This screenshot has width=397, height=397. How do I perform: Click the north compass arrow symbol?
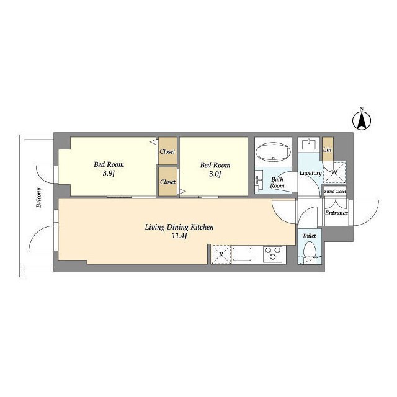[362, 120]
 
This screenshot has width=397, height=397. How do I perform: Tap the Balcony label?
[38, 197]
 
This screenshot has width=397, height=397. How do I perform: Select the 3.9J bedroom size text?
[109, 174]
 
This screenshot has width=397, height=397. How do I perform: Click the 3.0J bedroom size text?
[215, 174]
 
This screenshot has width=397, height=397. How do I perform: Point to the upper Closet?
[167, 151]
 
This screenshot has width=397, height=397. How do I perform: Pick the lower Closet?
[167, 181]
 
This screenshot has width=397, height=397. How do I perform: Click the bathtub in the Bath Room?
[273, 153]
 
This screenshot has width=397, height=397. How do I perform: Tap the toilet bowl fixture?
[310, 250]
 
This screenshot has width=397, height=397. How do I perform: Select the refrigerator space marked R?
[221, 254]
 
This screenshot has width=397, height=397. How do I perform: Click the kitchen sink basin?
[242, 254]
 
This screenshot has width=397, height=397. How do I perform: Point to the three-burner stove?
[273, 254]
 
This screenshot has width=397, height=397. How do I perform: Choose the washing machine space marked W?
[334, 172]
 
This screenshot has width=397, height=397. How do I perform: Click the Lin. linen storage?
[328, 149]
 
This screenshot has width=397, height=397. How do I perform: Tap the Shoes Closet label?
[335, 192]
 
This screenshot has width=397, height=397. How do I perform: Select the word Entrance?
[336, 213]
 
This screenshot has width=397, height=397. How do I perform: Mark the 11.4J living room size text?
[179, 236]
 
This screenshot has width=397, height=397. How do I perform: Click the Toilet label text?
[309, 236]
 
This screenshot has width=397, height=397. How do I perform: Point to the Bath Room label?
[277, 182]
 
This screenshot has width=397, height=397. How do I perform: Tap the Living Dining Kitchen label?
[179, 227]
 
